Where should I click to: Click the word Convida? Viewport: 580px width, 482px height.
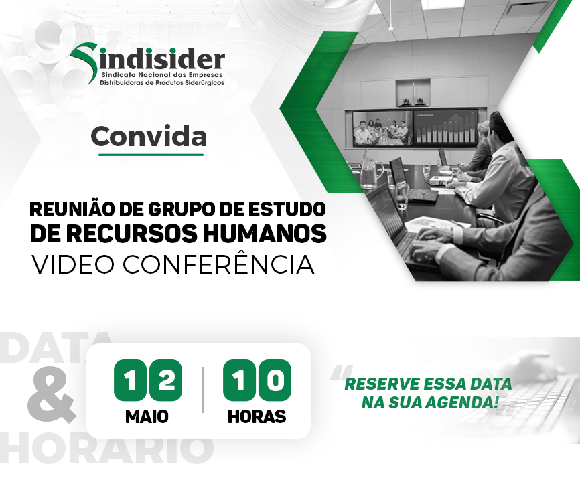pos(149,137)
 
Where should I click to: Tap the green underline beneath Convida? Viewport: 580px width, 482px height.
pos(151,155)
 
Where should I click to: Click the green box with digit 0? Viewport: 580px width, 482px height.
pos(275,380)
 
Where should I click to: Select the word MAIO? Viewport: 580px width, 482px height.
pos(147,416)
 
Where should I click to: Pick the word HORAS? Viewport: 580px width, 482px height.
pos(257,416)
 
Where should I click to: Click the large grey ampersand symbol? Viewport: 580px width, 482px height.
pos(52,396)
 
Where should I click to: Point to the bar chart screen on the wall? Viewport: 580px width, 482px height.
pos(445,127)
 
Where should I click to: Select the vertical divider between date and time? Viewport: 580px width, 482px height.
pos(203,390)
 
